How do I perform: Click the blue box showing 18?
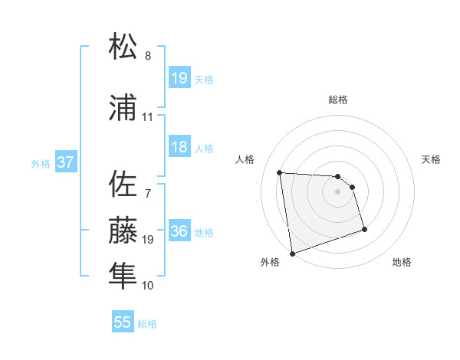click(179, 148)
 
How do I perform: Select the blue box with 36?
click(179, 232)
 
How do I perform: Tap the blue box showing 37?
click(66, 163)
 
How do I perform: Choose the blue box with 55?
click(123, 322)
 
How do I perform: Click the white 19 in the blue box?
click(179, 77)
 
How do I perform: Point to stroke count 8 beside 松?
click(147, 56)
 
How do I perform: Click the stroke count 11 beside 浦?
click(147, 117)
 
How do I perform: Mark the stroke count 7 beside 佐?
click(147, 194)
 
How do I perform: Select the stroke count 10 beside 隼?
click(147, 285)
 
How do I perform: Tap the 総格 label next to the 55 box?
click(147, 324)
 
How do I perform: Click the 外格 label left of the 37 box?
click(41, 164)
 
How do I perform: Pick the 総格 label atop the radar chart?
click(338, 100)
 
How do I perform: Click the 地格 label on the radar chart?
click(402, 263)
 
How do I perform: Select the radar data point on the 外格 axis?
click(292, 253)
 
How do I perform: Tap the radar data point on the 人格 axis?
click(280, 172)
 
